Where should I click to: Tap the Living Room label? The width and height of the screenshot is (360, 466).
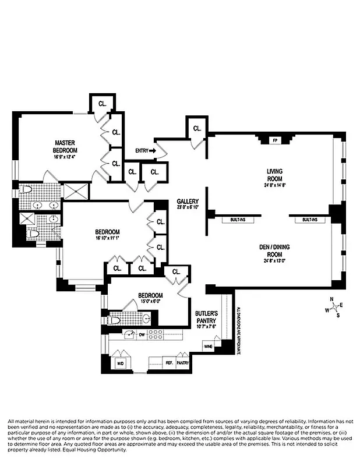(274, 175)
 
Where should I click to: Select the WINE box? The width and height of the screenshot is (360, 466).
(208, 347)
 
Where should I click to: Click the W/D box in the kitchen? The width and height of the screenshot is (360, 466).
(121, 363)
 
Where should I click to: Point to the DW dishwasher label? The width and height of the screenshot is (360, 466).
(142, 334)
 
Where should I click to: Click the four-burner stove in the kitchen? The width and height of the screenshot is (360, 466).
(156, 334)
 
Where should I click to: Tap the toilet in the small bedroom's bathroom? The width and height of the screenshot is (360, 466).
(115, 320)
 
